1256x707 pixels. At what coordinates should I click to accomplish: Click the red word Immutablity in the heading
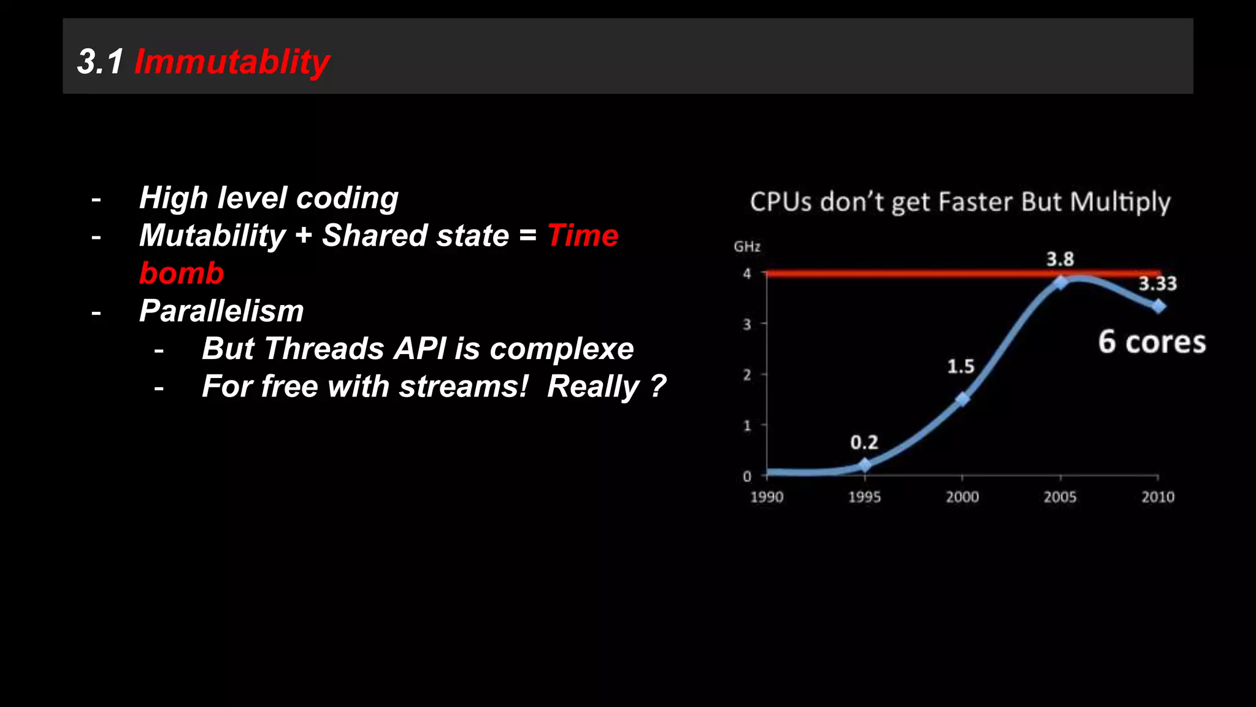coord(232,62)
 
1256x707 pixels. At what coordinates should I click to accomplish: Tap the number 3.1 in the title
coord(101,62)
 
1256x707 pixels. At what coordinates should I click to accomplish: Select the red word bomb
coord(182,273)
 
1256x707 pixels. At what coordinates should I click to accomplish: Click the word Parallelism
coord(221,311)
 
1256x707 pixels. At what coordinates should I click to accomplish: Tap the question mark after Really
coord(658,387)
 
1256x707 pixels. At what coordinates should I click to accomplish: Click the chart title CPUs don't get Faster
coord(960,202)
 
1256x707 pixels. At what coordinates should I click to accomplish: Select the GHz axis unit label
coord(747,247)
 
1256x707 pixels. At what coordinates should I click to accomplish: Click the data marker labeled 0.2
coord(865,465)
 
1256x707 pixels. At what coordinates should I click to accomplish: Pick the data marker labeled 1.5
coord(963,399)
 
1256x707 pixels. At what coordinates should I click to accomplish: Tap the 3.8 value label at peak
coord(1060,259)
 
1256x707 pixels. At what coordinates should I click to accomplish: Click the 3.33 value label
coord(1157,284)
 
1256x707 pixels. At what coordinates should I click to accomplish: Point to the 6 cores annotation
coord(1151,342)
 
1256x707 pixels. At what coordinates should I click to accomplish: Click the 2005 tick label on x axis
coord(1060,497)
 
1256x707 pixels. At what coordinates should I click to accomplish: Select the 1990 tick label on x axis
coord(767,497)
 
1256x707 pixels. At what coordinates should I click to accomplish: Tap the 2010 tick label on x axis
coord(1157,497)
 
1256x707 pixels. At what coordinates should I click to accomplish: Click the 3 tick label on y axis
coord(747,324)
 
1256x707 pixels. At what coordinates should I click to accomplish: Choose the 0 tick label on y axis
coord(747,476)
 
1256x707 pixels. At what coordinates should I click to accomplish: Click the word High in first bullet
coord(174,198)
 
